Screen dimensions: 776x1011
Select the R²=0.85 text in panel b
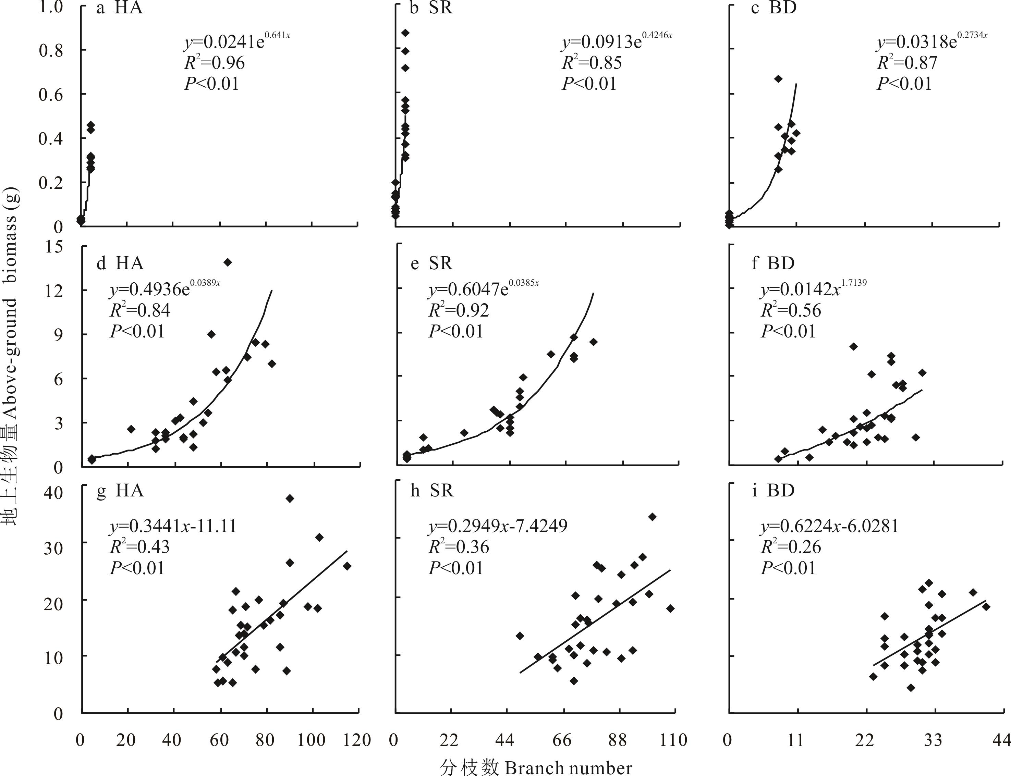(x=592, y=62)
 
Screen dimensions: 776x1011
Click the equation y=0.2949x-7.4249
(x=498, y=526)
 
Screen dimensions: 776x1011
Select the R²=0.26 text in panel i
(x=791, y=547)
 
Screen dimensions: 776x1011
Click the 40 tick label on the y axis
(x=52, y=492)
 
